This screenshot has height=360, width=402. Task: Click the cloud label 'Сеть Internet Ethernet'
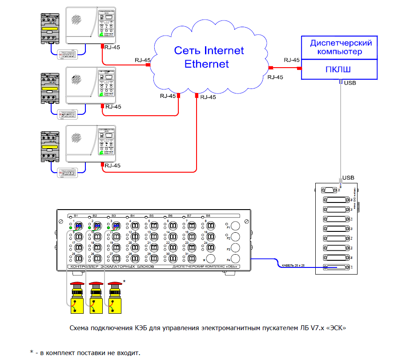coord(208,57)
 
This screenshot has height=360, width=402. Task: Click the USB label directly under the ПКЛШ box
coord(350,83)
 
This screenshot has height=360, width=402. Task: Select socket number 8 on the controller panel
coord(211,226)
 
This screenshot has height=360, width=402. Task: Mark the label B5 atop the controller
coord(151,216)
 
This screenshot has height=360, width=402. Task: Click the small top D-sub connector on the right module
coord(330,189)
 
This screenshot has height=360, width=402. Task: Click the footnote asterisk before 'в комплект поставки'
coord(31,352)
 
